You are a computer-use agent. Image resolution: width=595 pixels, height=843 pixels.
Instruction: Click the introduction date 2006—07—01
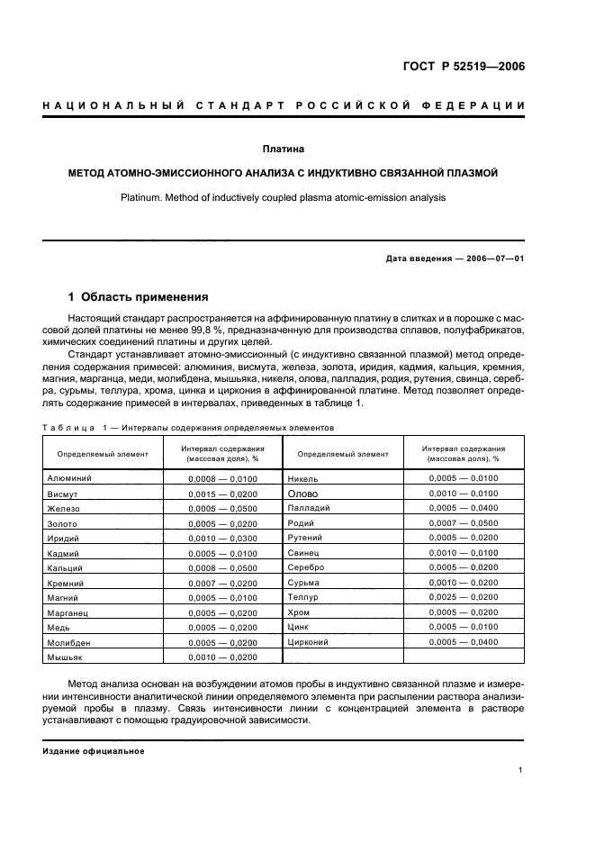493,258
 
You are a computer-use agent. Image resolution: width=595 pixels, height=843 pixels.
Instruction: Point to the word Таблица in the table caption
69,427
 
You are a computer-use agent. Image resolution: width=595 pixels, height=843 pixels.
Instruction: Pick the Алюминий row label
69,479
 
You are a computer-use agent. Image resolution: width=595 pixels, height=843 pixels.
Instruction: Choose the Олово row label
302,494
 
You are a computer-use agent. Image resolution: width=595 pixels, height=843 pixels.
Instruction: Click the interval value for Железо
222,509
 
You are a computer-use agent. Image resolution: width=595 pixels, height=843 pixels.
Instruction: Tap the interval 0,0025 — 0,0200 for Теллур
463,597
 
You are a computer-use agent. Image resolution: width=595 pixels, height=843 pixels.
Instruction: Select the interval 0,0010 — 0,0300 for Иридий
222,539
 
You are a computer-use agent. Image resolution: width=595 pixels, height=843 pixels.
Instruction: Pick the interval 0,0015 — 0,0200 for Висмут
222,494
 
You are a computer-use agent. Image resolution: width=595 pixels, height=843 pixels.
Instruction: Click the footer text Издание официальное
94,751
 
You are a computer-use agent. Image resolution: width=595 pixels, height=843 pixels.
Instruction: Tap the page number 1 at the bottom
521,769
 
